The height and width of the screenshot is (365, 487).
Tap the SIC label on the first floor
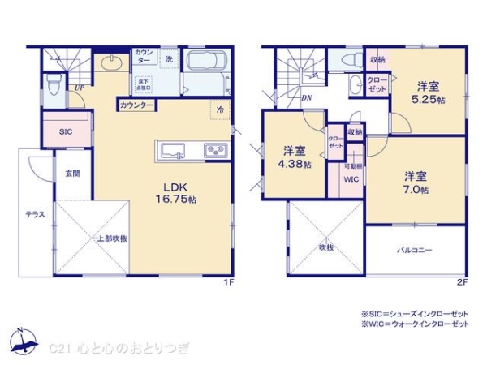coord(66,131)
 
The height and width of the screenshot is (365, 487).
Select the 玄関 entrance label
coord(72,173)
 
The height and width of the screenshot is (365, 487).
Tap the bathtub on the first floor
coord(207,64)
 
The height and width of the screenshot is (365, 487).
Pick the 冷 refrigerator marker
coord(219,109)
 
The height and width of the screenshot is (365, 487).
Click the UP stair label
coord(80,88)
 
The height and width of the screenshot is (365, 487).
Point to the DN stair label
coord(307,99)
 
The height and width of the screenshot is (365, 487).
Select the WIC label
coord(351,179)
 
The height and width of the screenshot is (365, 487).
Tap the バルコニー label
coord(414,251)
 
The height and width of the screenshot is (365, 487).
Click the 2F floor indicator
coord(462,282)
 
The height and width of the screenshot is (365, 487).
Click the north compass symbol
coord(24,343)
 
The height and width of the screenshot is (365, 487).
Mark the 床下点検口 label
coord(143,84)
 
